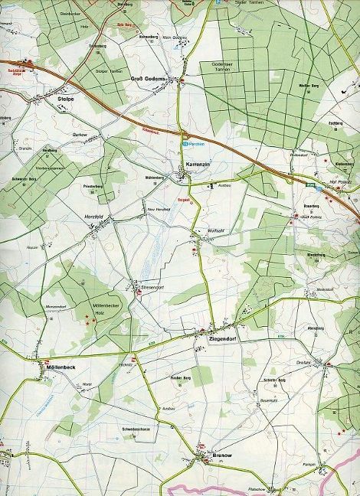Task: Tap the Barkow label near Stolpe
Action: [79, 133]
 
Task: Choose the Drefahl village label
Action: [303, 363]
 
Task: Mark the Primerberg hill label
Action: [93, 185]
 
